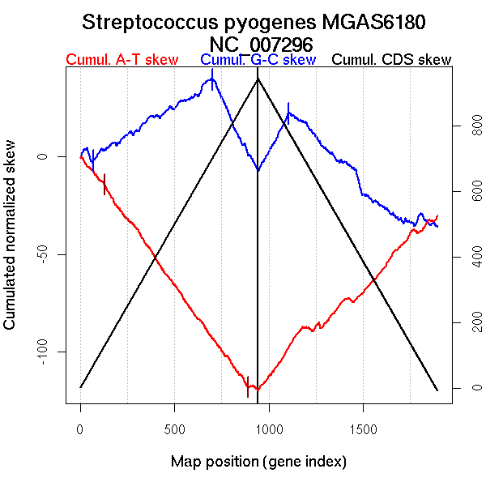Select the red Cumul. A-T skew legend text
(x=122, y=60)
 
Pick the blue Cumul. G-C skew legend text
(x=258, y=60)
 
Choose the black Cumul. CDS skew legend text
(x=392, y=60)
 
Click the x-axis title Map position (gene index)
(x=258, y=462)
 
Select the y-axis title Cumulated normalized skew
(x=11, y=245)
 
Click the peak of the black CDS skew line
(x=258, y=79)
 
